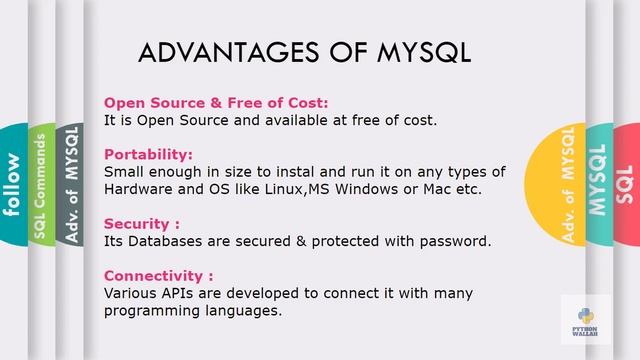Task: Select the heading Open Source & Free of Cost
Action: pos(216,103)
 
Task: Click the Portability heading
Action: pos(148,155)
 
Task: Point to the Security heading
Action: pos(141,224)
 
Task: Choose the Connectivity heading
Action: pos(158,275)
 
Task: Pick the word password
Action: pos(455,241)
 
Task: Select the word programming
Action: pos(152,310)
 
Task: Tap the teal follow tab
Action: pos(12,185)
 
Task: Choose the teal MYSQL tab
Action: pos(598,184)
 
